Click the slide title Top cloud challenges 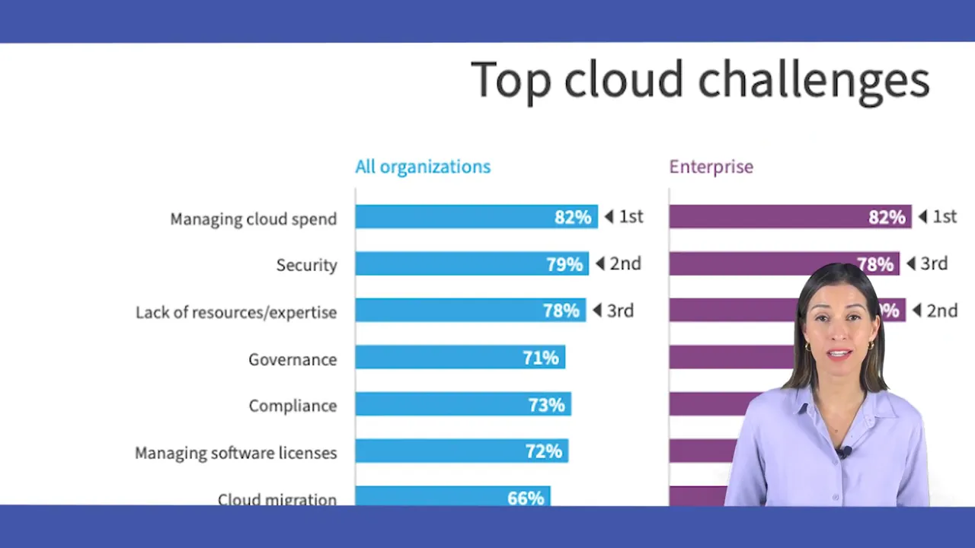(700, 80)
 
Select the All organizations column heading (423, 167)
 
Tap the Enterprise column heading (711, 167)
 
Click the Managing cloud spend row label (253, 219)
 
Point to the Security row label (306, 265)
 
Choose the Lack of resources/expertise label (236, 312)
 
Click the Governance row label (292, 359)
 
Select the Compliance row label (292, 406)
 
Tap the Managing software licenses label (235, 453)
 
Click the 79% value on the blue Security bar (564, 264)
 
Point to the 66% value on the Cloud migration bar (526, 499)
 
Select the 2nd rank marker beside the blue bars (619, 263)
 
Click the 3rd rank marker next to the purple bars (927, 263)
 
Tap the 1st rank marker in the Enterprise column (938, 217)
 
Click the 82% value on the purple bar (887, 218)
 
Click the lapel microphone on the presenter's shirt (844, 453)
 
